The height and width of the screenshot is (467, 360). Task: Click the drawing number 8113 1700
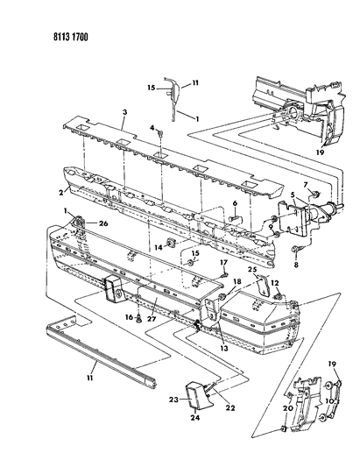pyautogui.click(x=71, y=37)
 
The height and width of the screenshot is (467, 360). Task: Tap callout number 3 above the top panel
pyautogui.click(x=124, y=112)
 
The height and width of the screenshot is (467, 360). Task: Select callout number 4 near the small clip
pyautogui.click(x=152, y=128)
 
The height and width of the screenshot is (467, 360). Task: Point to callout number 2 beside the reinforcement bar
pyautogui.click(x=61, y=193)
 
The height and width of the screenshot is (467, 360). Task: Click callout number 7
pyautogui.click(x=306, y=185)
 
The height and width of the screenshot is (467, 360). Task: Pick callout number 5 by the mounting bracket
pyautogui.click(x=293, y=195)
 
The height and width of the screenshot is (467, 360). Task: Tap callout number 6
pyautogui.click(x=235, y=203)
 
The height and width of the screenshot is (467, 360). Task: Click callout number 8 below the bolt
pyautogui.click(x=296, y=265)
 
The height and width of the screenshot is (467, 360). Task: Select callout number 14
pyautogui.click(x=159, y=247)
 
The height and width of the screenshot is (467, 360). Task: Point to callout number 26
pyautogui.click(x=103, y=223)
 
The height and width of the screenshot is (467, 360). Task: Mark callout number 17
pyautogui.click(x=224, y=262)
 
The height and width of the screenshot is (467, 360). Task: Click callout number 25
pyautogui.click(x=252, y=270)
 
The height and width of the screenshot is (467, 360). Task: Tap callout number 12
pyautogui.click(x=275, y=283)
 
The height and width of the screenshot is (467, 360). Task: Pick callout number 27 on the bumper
pyautogui.click(x=152, y=319)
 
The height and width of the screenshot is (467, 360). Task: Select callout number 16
pyautogui.click(x=129, y=317)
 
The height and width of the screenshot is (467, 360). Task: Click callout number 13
pyautogui.click(x=224, y=348)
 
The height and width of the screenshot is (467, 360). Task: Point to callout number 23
pyautogui.click(x=173, y=400)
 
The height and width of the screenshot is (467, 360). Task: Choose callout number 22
pyautogui.click(x=230, y=407)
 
